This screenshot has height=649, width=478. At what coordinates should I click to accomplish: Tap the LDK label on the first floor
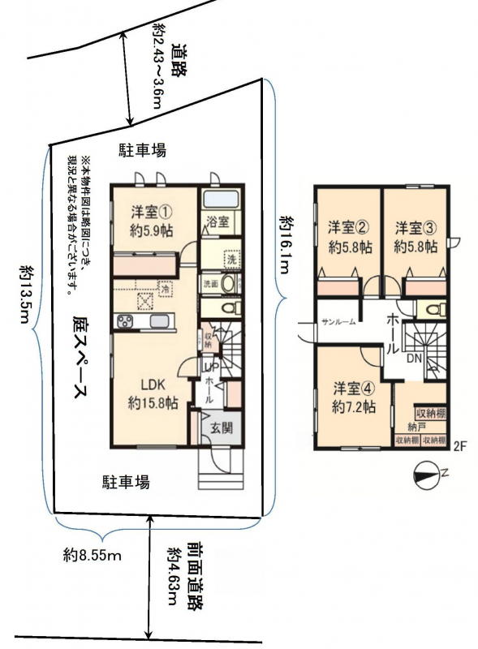point(153,385)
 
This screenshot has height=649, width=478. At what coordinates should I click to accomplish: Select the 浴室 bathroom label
point(217,221)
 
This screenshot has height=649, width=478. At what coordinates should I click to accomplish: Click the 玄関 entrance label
point(222,428)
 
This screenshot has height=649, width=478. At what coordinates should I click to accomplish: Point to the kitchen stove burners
point(125,321)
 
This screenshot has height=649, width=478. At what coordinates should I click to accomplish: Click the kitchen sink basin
point(159,321)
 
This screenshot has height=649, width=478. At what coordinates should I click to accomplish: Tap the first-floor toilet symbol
point(230,307)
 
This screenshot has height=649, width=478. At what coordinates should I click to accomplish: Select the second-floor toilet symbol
point(434,310)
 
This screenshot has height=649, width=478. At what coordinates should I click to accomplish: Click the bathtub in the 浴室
point(222,200)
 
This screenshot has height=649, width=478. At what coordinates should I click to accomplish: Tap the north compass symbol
point(428,475)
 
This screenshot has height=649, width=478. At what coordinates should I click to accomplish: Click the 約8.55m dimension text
point(93,555)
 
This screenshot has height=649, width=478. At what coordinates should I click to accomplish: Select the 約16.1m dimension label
point(286,244)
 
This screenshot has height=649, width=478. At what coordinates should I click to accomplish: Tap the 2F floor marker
point(460,446)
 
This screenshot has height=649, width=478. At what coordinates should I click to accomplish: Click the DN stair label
point(414,359)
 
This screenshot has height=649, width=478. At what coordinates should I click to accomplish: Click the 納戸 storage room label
point(416,427)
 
